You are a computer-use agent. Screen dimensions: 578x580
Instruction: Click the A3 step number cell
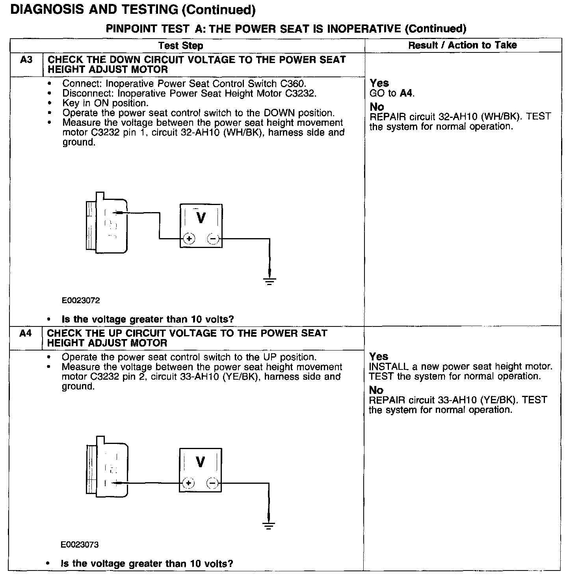pos(26,60)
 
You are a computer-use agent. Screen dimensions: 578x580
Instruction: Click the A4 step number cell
pos(26,334)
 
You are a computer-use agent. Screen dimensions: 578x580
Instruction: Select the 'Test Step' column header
pos(180,46)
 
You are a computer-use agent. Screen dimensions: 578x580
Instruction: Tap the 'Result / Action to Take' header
pos(462,45)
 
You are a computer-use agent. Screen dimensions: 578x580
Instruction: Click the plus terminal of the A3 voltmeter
pos(190,239)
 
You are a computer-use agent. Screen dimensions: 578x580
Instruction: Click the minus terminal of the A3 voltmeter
pos(213,239)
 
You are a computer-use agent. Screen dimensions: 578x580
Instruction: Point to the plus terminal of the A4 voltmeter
pos(189,483)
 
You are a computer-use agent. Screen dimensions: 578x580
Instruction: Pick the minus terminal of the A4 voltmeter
pos(212,483)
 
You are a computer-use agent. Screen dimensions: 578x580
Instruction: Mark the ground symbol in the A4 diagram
pos(269,525)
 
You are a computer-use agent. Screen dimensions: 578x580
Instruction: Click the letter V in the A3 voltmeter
pos(201,218)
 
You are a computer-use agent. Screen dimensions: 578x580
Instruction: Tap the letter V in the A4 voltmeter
pos(200,462)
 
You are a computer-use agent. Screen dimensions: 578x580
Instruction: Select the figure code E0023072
pos(81,300)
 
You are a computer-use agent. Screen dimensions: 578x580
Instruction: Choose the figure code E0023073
pos(80,545)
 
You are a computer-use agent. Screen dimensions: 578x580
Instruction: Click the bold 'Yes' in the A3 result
pos(379,83)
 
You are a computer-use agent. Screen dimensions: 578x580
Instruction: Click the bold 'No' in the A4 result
pos(376,390)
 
